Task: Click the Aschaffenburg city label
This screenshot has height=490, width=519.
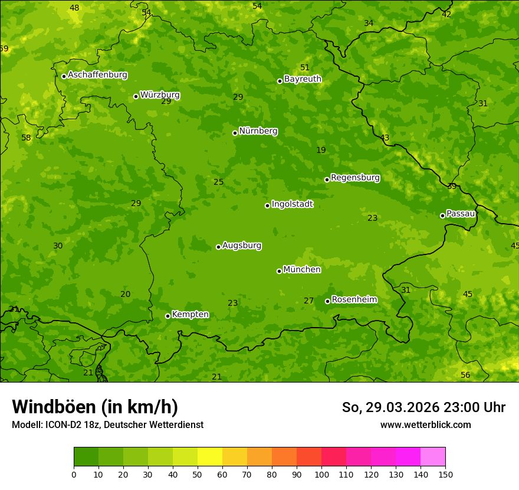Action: (97, 75)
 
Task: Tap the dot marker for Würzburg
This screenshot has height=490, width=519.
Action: (136, 96)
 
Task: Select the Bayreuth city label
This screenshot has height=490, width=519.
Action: (303, 79)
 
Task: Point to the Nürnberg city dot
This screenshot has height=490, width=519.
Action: (235, 133)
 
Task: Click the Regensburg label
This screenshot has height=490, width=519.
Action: (355, 177)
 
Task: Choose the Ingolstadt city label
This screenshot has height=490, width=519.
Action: (292, 204)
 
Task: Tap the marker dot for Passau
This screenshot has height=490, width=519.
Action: (442, 215)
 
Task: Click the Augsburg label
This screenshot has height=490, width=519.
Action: (242, 246)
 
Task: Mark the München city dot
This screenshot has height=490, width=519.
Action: (279, 271)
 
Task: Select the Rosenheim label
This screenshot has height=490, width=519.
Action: (354, 299)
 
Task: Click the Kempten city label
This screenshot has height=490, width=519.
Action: (190, 314)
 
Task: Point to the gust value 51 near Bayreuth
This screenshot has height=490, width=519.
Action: (305, 67)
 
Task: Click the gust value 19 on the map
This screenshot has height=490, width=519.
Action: (321, 150)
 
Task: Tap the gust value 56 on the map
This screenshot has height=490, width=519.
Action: (465, 375)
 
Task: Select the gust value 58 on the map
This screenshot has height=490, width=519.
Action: (26, 138)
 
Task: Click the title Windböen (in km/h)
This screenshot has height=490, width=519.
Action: (95, 407)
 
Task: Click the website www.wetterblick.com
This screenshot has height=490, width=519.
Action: (425, 424)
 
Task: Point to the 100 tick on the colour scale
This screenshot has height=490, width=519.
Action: (321, 473)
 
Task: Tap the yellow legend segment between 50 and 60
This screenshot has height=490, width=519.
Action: (210, 456)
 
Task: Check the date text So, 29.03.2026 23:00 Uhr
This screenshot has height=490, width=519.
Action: (423, 407)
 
